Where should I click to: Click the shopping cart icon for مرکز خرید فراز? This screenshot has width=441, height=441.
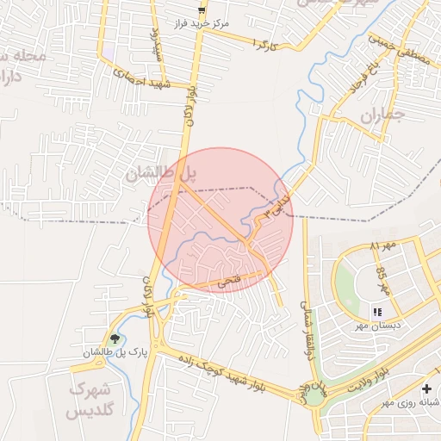pos(202,10)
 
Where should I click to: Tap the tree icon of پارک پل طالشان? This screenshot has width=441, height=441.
pos(116,339)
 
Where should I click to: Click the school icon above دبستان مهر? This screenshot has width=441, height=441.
pos(376,311)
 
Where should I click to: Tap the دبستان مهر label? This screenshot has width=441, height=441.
pos(376,326)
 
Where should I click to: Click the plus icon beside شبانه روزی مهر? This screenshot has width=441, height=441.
pos(427,389)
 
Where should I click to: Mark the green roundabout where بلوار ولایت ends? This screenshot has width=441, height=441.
pos(316,397)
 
